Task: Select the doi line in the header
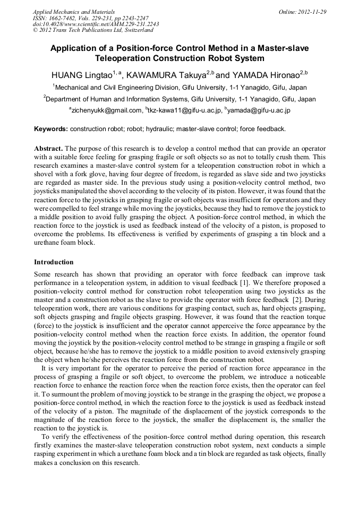coord(96,24)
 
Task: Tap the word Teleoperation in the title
coord(119,58)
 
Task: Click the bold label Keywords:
coord(51,129)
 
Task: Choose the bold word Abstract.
coord(49,149)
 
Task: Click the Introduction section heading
coord(54,262)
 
